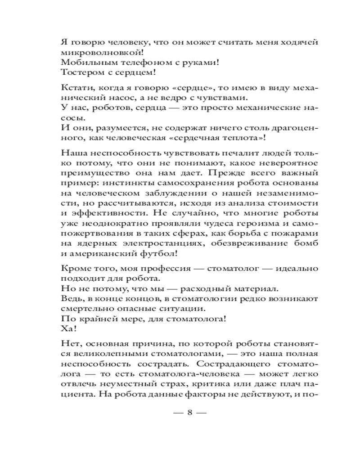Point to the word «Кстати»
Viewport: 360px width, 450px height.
73,88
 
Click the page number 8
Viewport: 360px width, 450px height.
189,413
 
